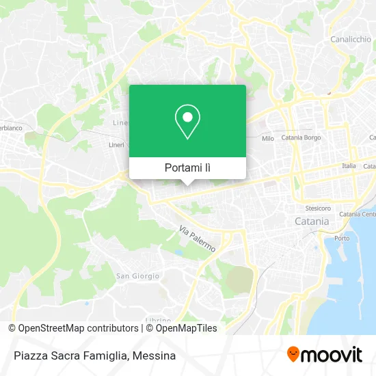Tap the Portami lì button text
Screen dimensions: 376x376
(187, 167)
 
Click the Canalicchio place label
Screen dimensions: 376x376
(350, 40)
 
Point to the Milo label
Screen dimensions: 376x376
(268, 138)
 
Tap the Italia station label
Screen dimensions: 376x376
(349, 165)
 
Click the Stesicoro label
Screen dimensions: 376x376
(318, 208)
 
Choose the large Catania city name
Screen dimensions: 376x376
(311, 221)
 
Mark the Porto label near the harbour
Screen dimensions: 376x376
(343, 238)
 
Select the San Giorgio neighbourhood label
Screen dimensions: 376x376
(137, 276)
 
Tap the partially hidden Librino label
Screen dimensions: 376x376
(157, 319)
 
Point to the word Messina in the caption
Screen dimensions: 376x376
(155, 355)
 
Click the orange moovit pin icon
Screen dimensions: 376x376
(293, 355)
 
